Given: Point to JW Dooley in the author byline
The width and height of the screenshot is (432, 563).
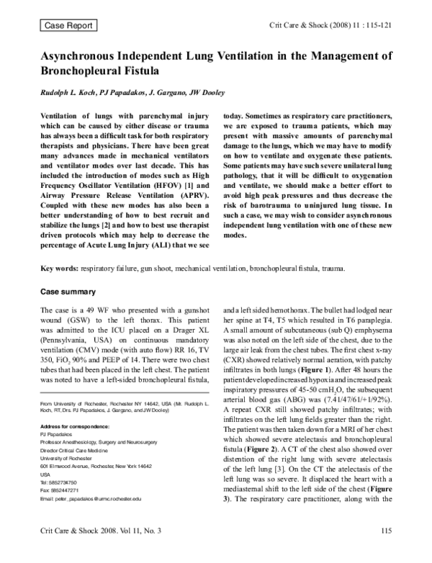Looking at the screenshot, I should (210, 94).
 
